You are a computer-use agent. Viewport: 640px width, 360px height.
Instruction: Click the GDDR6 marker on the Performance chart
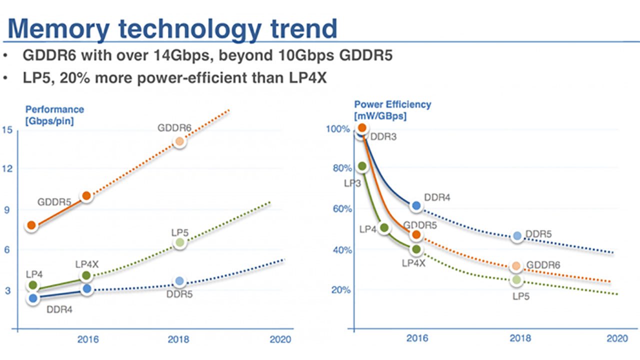pyautogui.click(x=179, y=141)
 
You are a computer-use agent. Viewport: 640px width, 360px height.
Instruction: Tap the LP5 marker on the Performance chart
pyautogui.click(x=179, y=243)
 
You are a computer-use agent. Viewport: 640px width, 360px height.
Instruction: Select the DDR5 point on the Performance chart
pyautogui.click(x=179, y=281)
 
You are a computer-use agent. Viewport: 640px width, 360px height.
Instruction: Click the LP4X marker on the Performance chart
pyautogui.click(x=86, y=275)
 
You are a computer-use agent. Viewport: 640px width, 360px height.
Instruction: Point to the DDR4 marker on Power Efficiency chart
pyautogui.click(x=416, y=205)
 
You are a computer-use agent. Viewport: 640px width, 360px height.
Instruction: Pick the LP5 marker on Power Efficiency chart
pyautogui.click(x=516, y=280)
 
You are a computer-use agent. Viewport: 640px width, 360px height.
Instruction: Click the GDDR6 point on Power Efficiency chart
pyautogui.click(x=516, y=266)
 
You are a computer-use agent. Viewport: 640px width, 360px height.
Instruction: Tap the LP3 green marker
pyautogui.click(x=362, y=166)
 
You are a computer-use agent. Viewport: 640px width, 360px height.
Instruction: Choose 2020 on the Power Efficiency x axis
pyautogui.click(x=617, y=338)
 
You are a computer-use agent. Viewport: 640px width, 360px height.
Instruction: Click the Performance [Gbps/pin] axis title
pyautogui.click(x=54, y=114)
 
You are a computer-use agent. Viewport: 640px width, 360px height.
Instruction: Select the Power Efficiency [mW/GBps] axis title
pyautogui.click(x=392, y=110)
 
